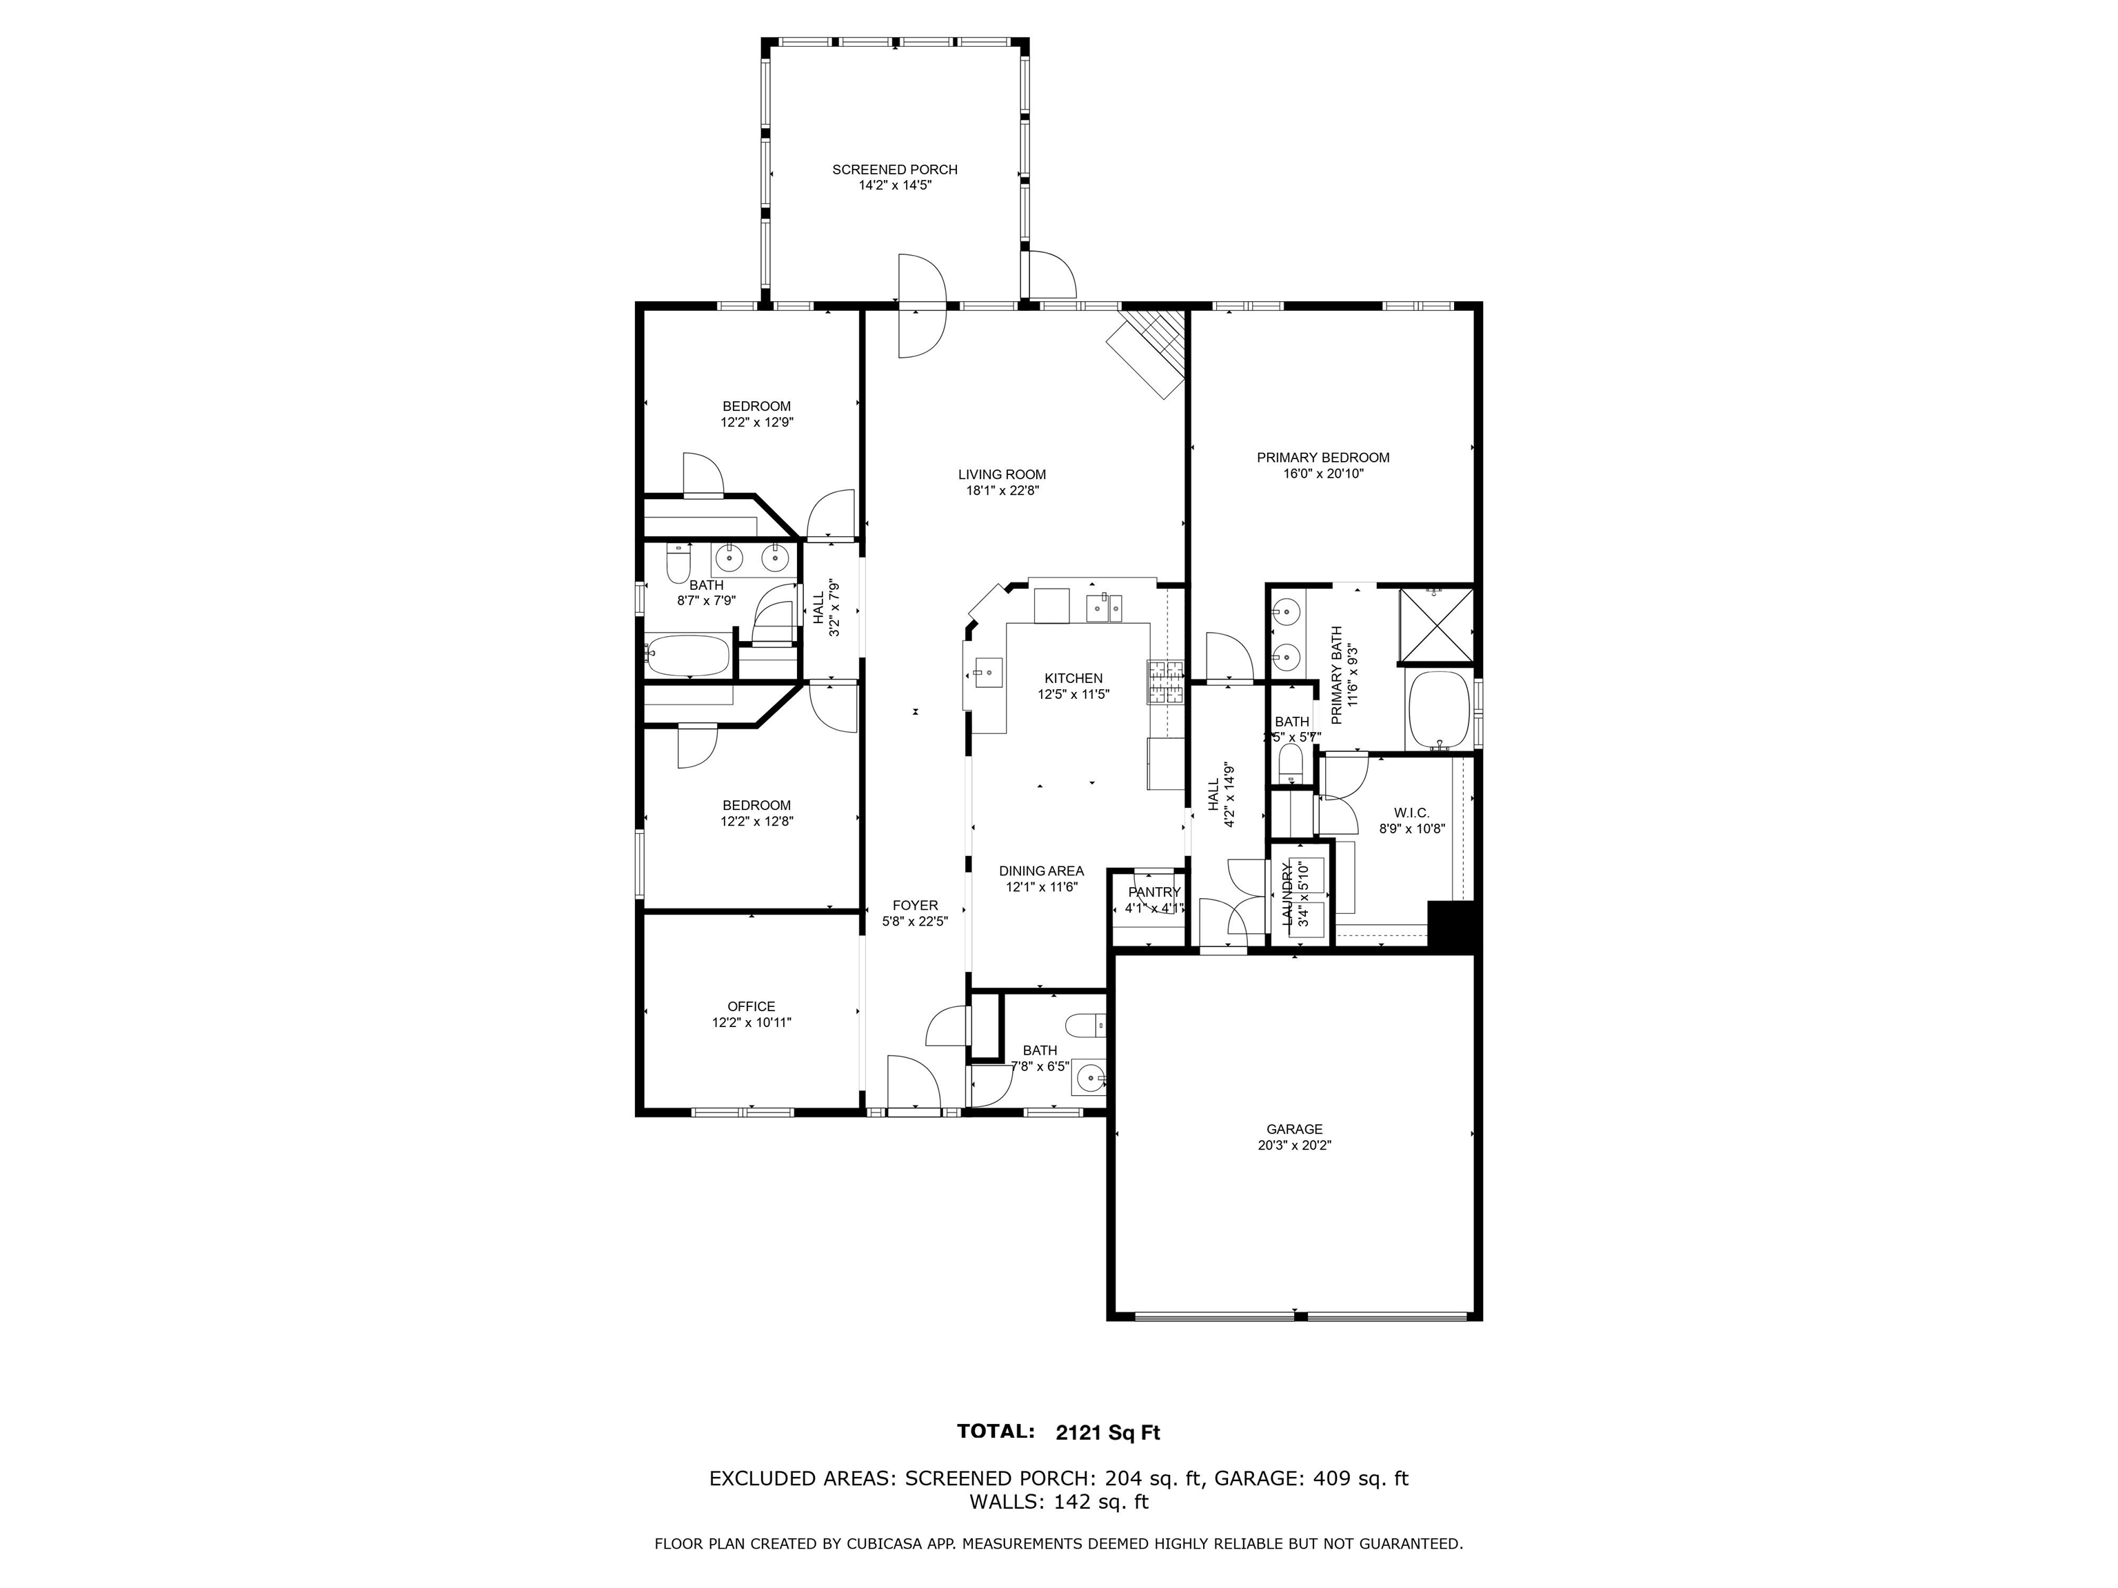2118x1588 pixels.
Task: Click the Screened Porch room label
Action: coord(894,170)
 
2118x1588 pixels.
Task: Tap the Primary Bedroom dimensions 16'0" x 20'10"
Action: coord(1322,473)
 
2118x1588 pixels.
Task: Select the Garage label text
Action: coord(1293,1128)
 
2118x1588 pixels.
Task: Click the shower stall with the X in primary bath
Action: coord(1435,625)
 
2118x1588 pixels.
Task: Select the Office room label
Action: coord(751,1006)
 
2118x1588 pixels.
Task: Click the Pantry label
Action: coord(1153,892)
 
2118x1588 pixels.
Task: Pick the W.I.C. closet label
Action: coord(1411,813)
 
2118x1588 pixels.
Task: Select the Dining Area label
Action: coord(1041,870)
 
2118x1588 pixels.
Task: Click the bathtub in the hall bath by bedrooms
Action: coord(687,655)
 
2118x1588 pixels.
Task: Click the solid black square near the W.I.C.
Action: coord(1453,925)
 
